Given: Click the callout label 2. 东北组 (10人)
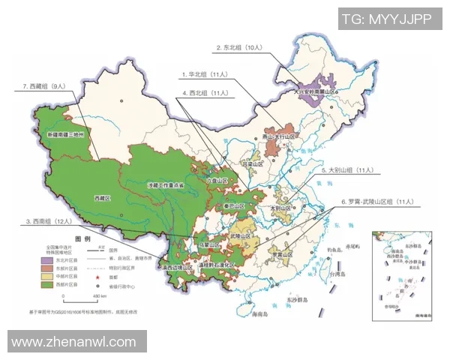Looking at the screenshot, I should click(x=239, y=47).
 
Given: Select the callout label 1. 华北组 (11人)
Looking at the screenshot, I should click(x=205, y=75).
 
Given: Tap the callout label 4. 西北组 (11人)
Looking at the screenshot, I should click(x=205, y=93).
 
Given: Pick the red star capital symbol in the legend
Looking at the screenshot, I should click(x=97, y=277).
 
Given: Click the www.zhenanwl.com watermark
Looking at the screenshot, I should click(x=73, y=342).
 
